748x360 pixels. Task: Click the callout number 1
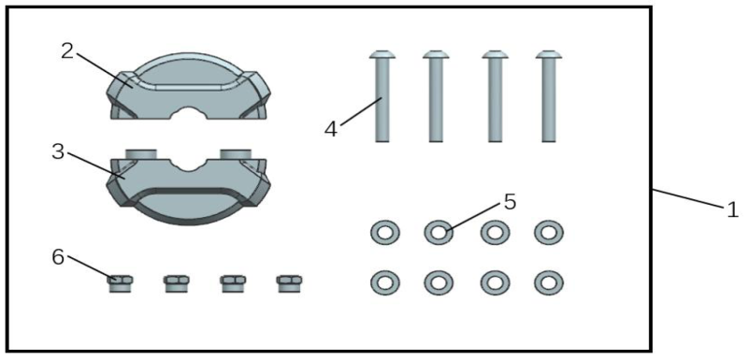click(732, 209)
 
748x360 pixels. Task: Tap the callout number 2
click(67, 51)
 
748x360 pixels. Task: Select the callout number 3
click(58, 152)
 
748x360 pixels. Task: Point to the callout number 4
click(331, 129)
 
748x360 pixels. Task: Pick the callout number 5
click(510, 203)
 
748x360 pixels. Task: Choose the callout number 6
click(58, 258)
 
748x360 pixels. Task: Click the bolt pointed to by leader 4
click(382, 95)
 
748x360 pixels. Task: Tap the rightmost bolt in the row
click(549, 95)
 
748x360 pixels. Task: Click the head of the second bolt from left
click(436, 54)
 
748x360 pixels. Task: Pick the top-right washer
click(549, 232)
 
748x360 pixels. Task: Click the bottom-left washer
click(385, 282)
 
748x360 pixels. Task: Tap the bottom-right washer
click(549, 282)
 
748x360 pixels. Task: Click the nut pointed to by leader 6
click(120, 283)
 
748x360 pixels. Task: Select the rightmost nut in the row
click(289, 283)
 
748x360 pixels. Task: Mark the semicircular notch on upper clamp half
click(189, 112)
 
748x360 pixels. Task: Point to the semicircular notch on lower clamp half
click(189, 165)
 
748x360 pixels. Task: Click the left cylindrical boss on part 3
click(141, 153)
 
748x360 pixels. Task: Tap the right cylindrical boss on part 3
click(236, 153)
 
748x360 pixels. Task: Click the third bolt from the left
click(496, 95)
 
